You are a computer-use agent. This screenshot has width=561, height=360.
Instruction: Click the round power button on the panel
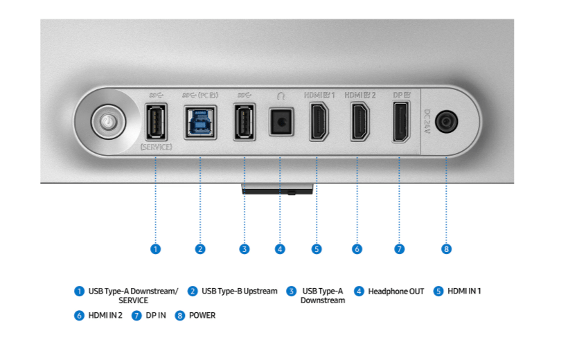109,122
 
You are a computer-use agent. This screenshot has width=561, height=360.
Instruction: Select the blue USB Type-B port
200,123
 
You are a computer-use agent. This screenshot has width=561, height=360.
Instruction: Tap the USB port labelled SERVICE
156,122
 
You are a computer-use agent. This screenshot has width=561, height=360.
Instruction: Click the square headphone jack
281,122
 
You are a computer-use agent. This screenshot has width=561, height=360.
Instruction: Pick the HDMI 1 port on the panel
319,122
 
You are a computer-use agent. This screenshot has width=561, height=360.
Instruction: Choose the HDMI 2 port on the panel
359,122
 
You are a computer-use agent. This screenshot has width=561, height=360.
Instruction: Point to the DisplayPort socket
401,122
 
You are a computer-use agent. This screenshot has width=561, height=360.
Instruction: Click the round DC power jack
446,122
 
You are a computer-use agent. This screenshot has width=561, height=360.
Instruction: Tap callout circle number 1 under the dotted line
155,249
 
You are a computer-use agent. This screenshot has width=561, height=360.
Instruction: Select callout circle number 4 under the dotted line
280,249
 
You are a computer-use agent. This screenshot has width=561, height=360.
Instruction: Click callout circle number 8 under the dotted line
446,249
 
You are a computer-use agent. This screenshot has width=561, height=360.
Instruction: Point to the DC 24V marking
427,122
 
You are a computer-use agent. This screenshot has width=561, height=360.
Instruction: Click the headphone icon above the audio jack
281,96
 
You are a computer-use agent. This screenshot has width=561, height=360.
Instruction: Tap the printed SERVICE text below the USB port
156,147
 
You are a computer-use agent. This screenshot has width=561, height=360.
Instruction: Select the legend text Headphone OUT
396,291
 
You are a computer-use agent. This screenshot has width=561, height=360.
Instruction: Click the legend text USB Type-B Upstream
240,291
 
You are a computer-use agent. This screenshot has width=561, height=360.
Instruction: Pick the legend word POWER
202,315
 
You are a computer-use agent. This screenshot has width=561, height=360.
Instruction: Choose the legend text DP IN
156,315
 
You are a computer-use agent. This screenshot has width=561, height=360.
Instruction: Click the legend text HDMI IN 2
105,315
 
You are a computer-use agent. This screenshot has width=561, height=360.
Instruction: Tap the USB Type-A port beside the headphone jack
244,122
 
